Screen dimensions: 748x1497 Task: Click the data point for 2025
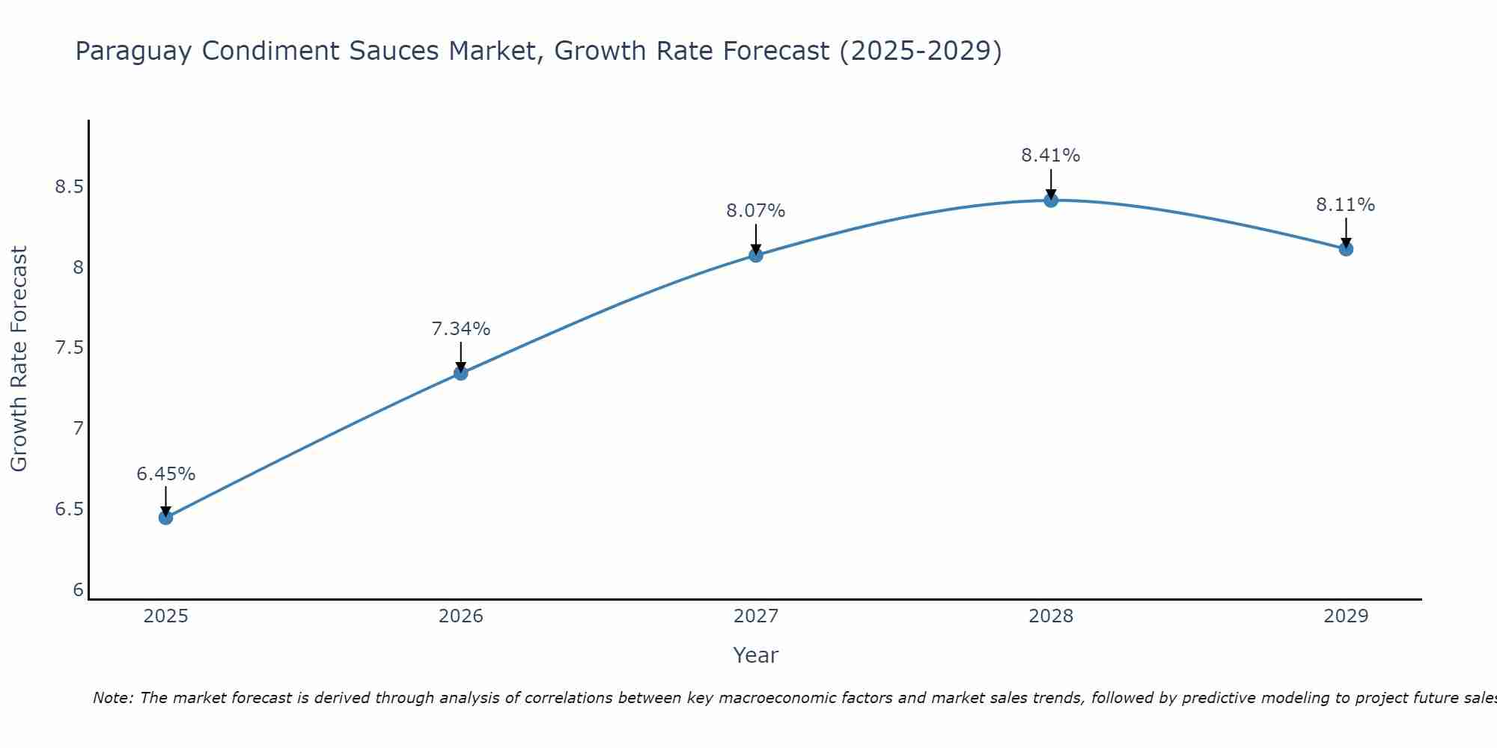(166, 517)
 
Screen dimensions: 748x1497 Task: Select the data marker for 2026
(461, 373)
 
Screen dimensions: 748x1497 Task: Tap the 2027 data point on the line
(756, 255)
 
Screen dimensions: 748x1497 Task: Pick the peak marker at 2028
(1051, 200)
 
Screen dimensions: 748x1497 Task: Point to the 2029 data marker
(1346, 248)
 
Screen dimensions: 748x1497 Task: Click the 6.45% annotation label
(166, 474)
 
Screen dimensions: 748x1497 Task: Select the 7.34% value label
(461, 329)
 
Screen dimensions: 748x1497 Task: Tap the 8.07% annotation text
(756, 211)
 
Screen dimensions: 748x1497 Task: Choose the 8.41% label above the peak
(1051, 156)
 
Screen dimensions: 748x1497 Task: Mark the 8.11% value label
(1346, 205)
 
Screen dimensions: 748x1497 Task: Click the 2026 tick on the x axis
(461, 616)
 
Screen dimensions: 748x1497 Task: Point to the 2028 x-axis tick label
(1051, 616)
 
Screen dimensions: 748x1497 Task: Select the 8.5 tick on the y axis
(69, 186)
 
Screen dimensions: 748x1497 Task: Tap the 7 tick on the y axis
(78, 429)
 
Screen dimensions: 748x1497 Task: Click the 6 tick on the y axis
(78, 590)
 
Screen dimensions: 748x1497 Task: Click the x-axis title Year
(756, 655)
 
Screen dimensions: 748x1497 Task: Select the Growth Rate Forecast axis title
(19, 359)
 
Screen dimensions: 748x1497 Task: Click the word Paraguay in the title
(134, 52)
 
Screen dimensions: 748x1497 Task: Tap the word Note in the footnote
(112, 698)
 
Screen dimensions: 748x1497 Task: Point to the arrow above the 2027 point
(756, 238)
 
